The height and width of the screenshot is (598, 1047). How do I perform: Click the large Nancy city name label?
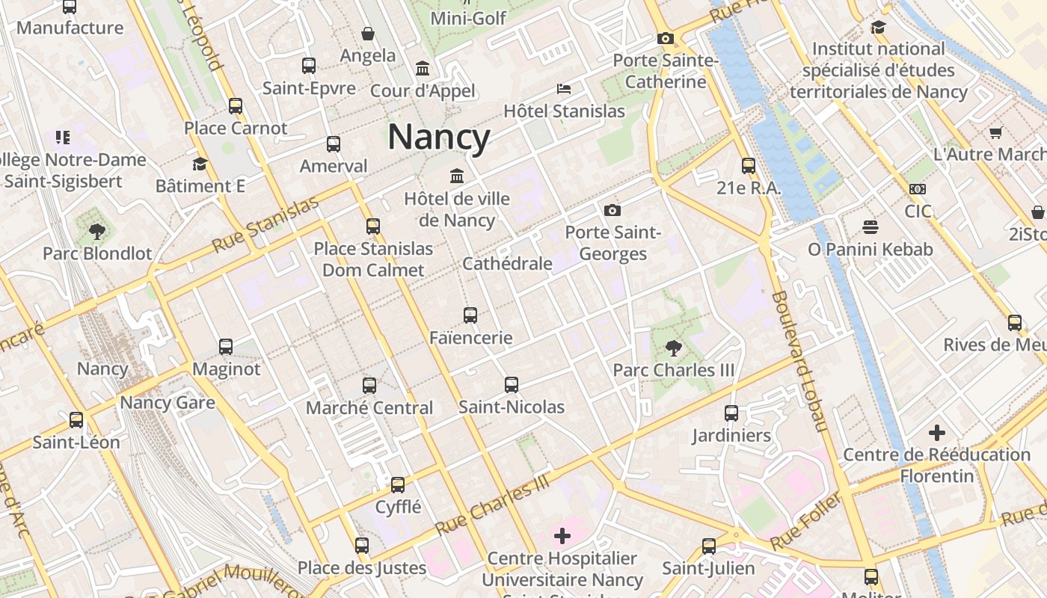point(439,138)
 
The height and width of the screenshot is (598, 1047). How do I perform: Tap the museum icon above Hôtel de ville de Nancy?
point(456,176)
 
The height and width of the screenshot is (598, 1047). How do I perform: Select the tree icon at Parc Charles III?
point(673,348)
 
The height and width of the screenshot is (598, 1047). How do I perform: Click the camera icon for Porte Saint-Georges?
point(612,210)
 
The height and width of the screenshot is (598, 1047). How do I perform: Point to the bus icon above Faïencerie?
point(470,315)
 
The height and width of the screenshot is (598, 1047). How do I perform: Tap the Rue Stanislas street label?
point(265,224)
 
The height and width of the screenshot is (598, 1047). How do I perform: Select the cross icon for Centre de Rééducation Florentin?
point(936,433)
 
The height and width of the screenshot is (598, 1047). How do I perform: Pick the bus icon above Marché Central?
point(369,386)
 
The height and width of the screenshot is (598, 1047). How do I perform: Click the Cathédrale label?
point(507,263)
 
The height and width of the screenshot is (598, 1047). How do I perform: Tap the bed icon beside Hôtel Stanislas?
point(564,89)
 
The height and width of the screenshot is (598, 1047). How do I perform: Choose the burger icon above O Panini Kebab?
point(870,226)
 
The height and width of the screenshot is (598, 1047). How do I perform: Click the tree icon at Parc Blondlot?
point(96,231)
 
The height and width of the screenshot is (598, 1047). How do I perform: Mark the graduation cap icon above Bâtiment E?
point(200,164)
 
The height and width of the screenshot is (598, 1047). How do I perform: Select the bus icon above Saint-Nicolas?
point(511,385)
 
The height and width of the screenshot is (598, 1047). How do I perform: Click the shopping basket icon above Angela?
point(367,34)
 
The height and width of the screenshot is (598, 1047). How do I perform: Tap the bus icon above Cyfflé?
point(398,484)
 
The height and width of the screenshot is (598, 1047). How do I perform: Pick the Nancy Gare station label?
point(168,403)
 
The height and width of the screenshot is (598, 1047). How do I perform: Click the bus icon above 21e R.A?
point(748,166)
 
